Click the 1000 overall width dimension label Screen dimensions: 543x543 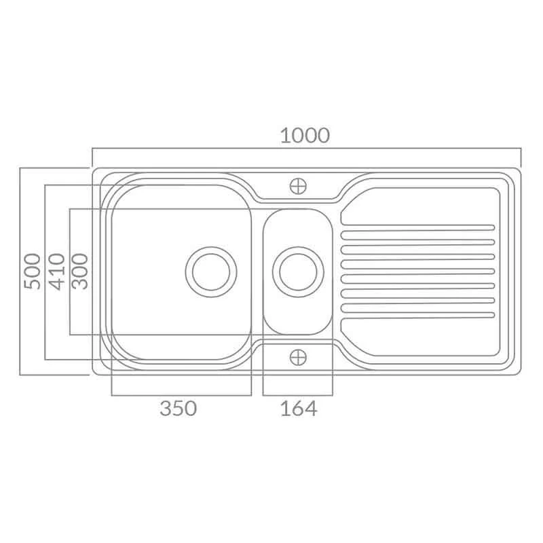pyautogui.click(x=305, y=135)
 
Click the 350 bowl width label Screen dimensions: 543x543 pyautogui.click(x=178, y=409)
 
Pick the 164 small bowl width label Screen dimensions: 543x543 pyautogui.click(x=299, y=409)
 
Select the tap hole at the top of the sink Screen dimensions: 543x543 pyautogui.click(x=298, y=184)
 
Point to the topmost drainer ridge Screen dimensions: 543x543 pyautogui.click(x=417, y=226)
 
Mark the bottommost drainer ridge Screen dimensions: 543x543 pyautogui.click(x=417, y=310)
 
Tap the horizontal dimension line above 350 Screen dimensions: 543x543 pyautogui.click(x=181, y=394)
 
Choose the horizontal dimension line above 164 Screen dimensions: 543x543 pyautogui.click(x=298, y=394)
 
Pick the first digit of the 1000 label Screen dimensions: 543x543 pyautogui.click(x=284, y=135)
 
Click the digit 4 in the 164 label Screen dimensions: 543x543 pyautogui.click(x=310, y=409)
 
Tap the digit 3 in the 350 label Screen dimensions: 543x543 pyautogui.click(x=166, y=409)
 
